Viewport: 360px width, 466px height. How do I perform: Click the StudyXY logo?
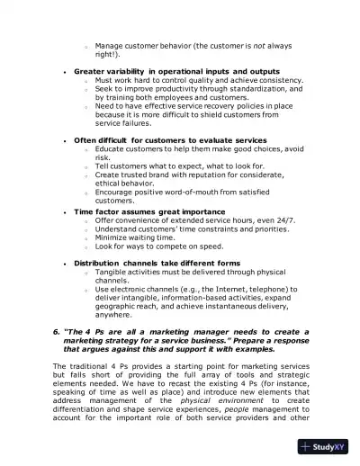[x=328, y=445]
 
